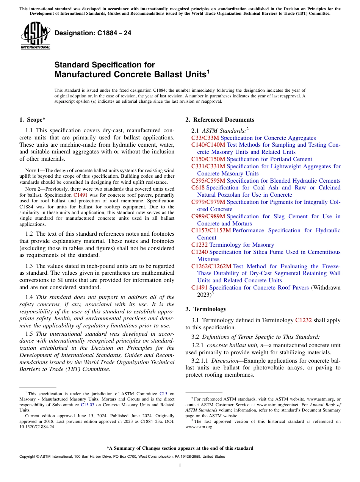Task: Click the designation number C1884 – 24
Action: pos(93,33)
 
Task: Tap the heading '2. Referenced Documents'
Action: pos(220,120)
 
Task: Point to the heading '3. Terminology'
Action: pos(206,309)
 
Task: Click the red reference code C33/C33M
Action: pos(205,138)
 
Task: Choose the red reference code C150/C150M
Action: pos(208,159)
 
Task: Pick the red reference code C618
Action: pos(198,188)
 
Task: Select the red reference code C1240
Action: pos(199,252)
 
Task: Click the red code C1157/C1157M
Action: pos(211,230)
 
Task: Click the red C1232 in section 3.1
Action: pos(303,320)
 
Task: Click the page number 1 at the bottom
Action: pos(180,466)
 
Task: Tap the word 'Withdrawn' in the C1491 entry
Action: pos(326,288)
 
